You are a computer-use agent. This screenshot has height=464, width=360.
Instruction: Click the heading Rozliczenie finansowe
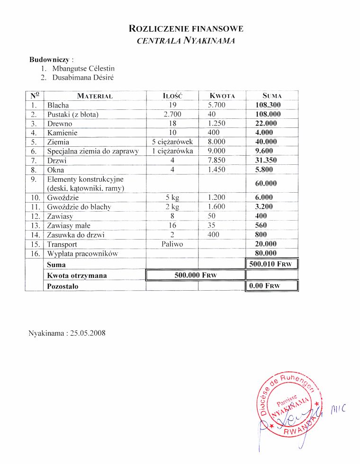[x=186, y=29]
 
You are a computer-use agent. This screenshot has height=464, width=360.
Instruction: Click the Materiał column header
[x=95, y=96]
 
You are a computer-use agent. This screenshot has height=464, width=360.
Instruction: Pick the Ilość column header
[x=172, y=96]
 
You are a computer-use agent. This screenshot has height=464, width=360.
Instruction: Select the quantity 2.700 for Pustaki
[x=172, y=114]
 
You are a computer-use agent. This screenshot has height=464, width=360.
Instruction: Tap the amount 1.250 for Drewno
[x=216, y=124]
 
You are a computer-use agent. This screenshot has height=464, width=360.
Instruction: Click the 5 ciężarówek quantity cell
[x=172, y=142]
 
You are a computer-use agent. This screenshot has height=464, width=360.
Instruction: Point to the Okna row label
[x=56, y=170]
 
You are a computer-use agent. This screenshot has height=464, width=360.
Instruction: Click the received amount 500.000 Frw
[x=195, y=275]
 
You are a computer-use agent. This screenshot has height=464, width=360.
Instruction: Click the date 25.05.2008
[x=88, y=333]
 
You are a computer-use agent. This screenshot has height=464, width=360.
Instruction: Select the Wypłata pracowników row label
[x=82, y=253]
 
